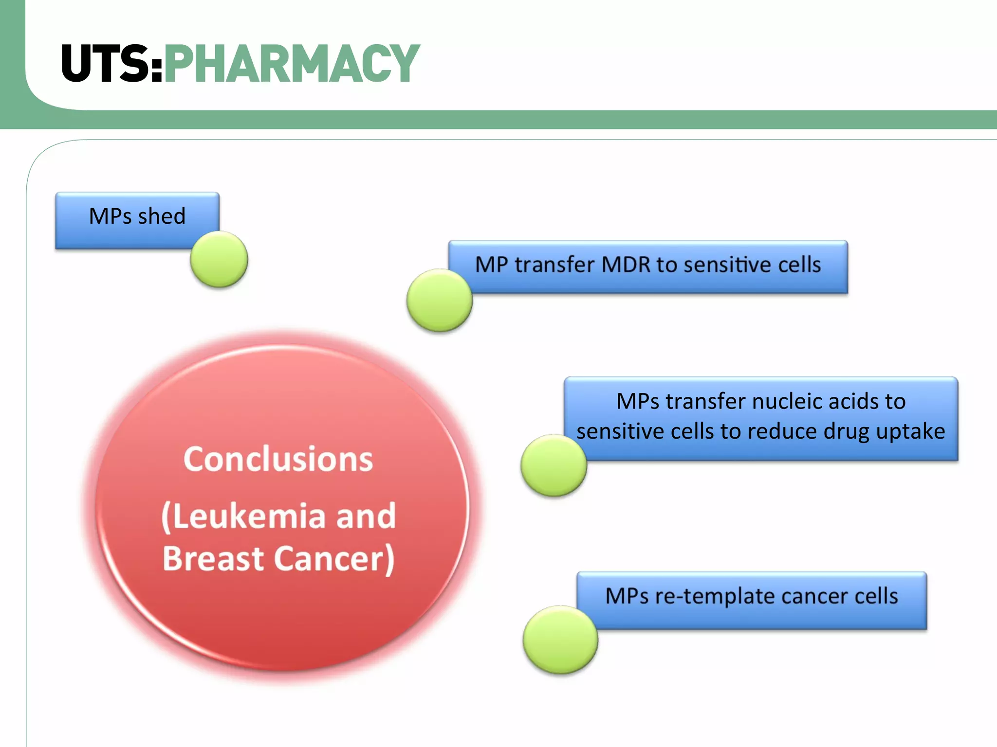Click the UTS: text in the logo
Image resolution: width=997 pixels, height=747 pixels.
(111, 63)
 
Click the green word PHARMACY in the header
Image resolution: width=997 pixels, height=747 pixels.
(292, 63)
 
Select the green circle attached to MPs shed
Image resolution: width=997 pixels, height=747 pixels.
(219, 259)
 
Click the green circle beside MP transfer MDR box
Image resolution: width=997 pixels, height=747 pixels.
(439, 300)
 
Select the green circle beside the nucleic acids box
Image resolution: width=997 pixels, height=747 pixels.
(554, 465)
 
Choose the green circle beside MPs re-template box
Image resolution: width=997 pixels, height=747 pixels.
(560, 640)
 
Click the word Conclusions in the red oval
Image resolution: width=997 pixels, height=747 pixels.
(278, 459)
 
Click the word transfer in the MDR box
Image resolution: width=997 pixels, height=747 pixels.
(554, 265)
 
